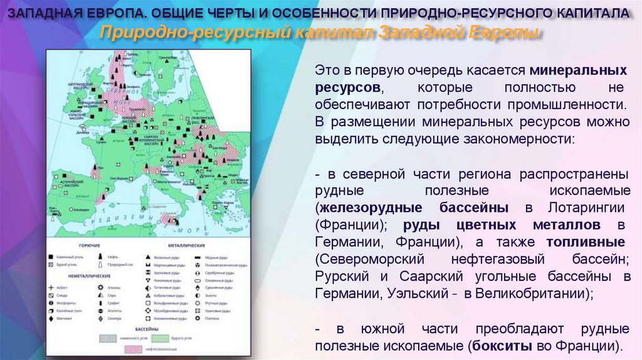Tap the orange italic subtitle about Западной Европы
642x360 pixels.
(x=320, y=32)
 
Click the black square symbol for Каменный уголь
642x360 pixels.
(x=51, y=257)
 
